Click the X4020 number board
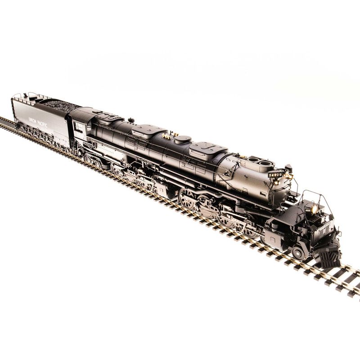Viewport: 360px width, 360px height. point(275,174)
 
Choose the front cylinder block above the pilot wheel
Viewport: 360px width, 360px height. point(279,225)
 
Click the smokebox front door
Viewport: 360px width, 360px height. point(283,189)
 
